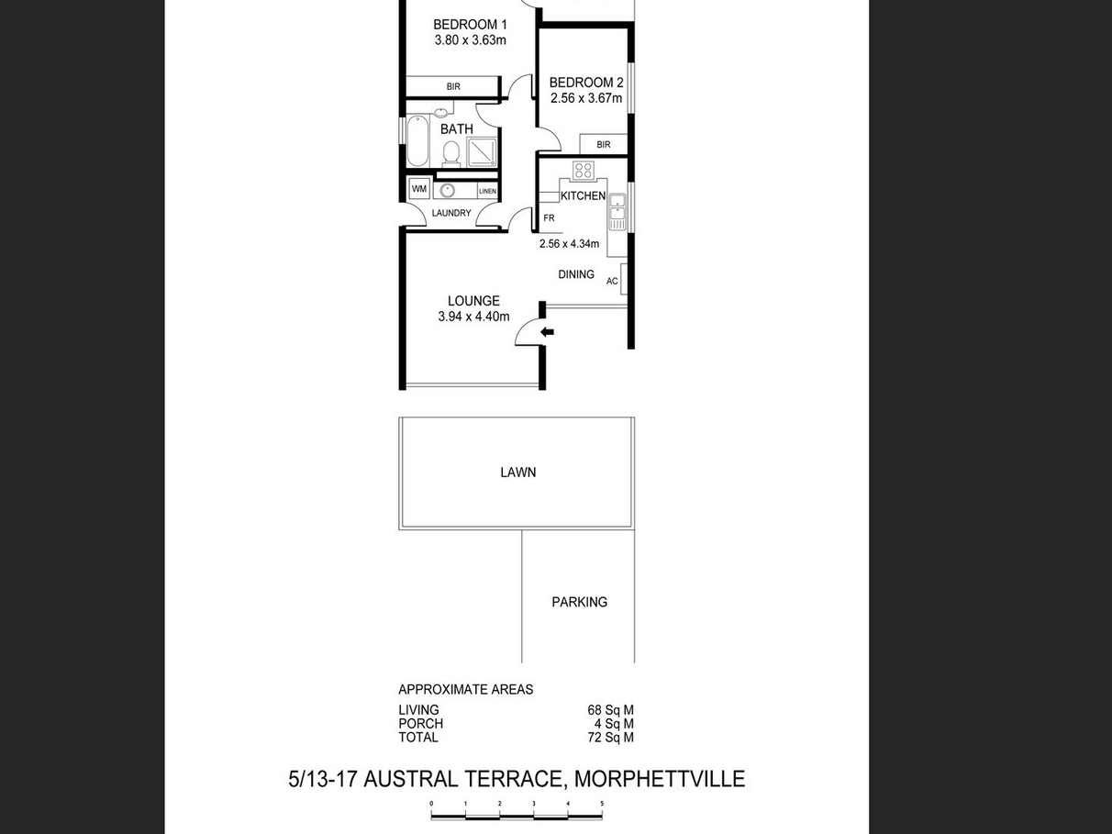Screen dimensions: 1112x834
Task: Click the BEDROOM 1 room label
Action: coord(470,24)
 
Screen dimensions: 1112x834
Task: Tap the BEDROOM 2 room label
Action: coord(586,83)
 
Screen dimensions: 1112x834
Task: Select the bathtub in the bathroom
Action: coord(417,140)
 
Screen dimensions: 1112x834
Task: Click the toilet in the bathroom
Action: coord(450,153)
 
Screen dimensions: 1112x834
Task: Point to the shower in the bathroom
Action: coord(482,151)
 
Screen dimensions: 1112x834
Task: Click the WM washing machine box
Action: coord(419,189)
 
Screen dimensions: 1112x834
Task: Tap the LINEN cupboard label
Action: coord(487,192)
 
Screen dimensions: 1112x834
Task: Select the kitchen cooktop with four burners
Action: coord(583,171)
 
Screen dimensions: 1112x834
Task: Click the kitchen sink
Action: coord(617,212)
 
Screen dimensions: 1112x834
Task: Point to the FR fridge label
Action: coord(549,218)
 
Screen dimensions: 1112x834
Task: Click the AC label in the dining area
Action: coord(612,281)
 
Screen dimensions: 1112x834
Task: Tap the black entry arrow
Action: coord(547,332)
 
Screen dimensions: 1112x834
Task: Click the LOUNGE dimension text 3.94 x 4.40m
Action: coord(473,317)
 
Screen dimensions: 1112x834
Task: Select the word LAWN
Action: coord(517,473)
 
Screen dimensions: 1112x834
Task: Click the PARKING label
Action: coord(579,602)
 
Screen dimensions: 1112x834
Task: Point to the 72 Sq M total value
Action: coord(610,738)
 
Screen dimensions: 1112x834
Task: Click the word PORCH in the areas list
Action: coord(420,724)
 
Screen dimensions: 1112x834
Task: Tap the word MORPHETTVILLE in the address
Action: coord(660,779)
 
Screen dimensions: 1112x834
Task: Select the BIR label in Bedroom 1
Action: coord(453,86)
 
